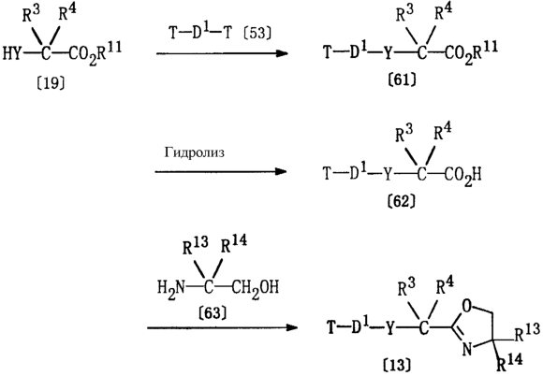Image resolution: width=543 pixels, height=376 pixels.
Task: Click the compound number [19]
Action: tap(51, 83)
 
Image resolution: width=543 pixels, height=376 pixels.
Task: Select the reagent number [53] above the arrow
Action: tap(257, 34)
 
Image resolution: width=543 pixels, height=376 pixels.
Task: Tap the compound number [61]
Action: tap(402, 80)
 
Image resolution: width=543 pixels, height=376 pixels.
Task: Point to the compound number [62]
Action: tap(401, 201)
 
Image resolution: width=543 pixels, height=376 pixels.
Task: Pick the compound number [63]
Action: tap(213, 313)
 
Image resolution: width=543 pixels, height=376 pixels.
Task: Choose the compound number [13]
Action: tap(397, 365)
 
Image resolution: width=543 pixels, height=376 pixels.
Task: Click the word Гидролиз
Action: tap(195, 152)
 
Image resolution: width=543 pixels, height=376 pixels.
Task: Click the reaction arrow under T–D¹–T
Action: tap(222, 53)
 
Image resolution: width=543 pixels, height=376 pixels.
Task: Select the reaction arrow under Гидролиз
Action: tap(221, 171)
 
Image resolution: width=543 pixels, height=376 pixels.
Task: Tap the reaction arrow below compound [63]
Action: tap(222, 327)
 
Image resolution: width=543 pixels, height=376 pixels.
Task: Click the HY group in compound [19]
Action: tap(12, 54)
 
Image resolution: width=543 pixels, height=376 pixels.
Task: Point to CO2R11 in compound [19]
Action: tap(95, 53)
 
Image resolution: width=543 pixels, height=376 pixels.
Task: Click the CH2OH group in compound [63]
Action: tap(256, 288)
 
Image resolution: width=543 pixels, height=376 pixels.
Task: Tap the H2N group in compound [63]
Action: tap(171, 288)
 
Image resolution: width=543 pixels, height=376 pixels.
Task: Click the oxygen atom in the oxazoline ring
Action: tap(467, 306)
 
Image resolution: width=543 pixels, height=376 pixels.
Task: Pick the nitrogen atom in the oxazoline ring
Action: tap(467, 349)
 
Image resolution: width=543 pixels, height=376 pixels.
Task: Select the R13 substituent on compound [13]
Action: tap(527, 332)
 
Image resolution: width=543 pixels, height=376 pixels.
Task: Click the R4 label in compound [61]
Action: tap(443, 12)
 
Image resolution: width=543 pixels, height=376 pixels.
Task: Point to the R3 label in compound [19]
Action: tap(31, 15)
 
